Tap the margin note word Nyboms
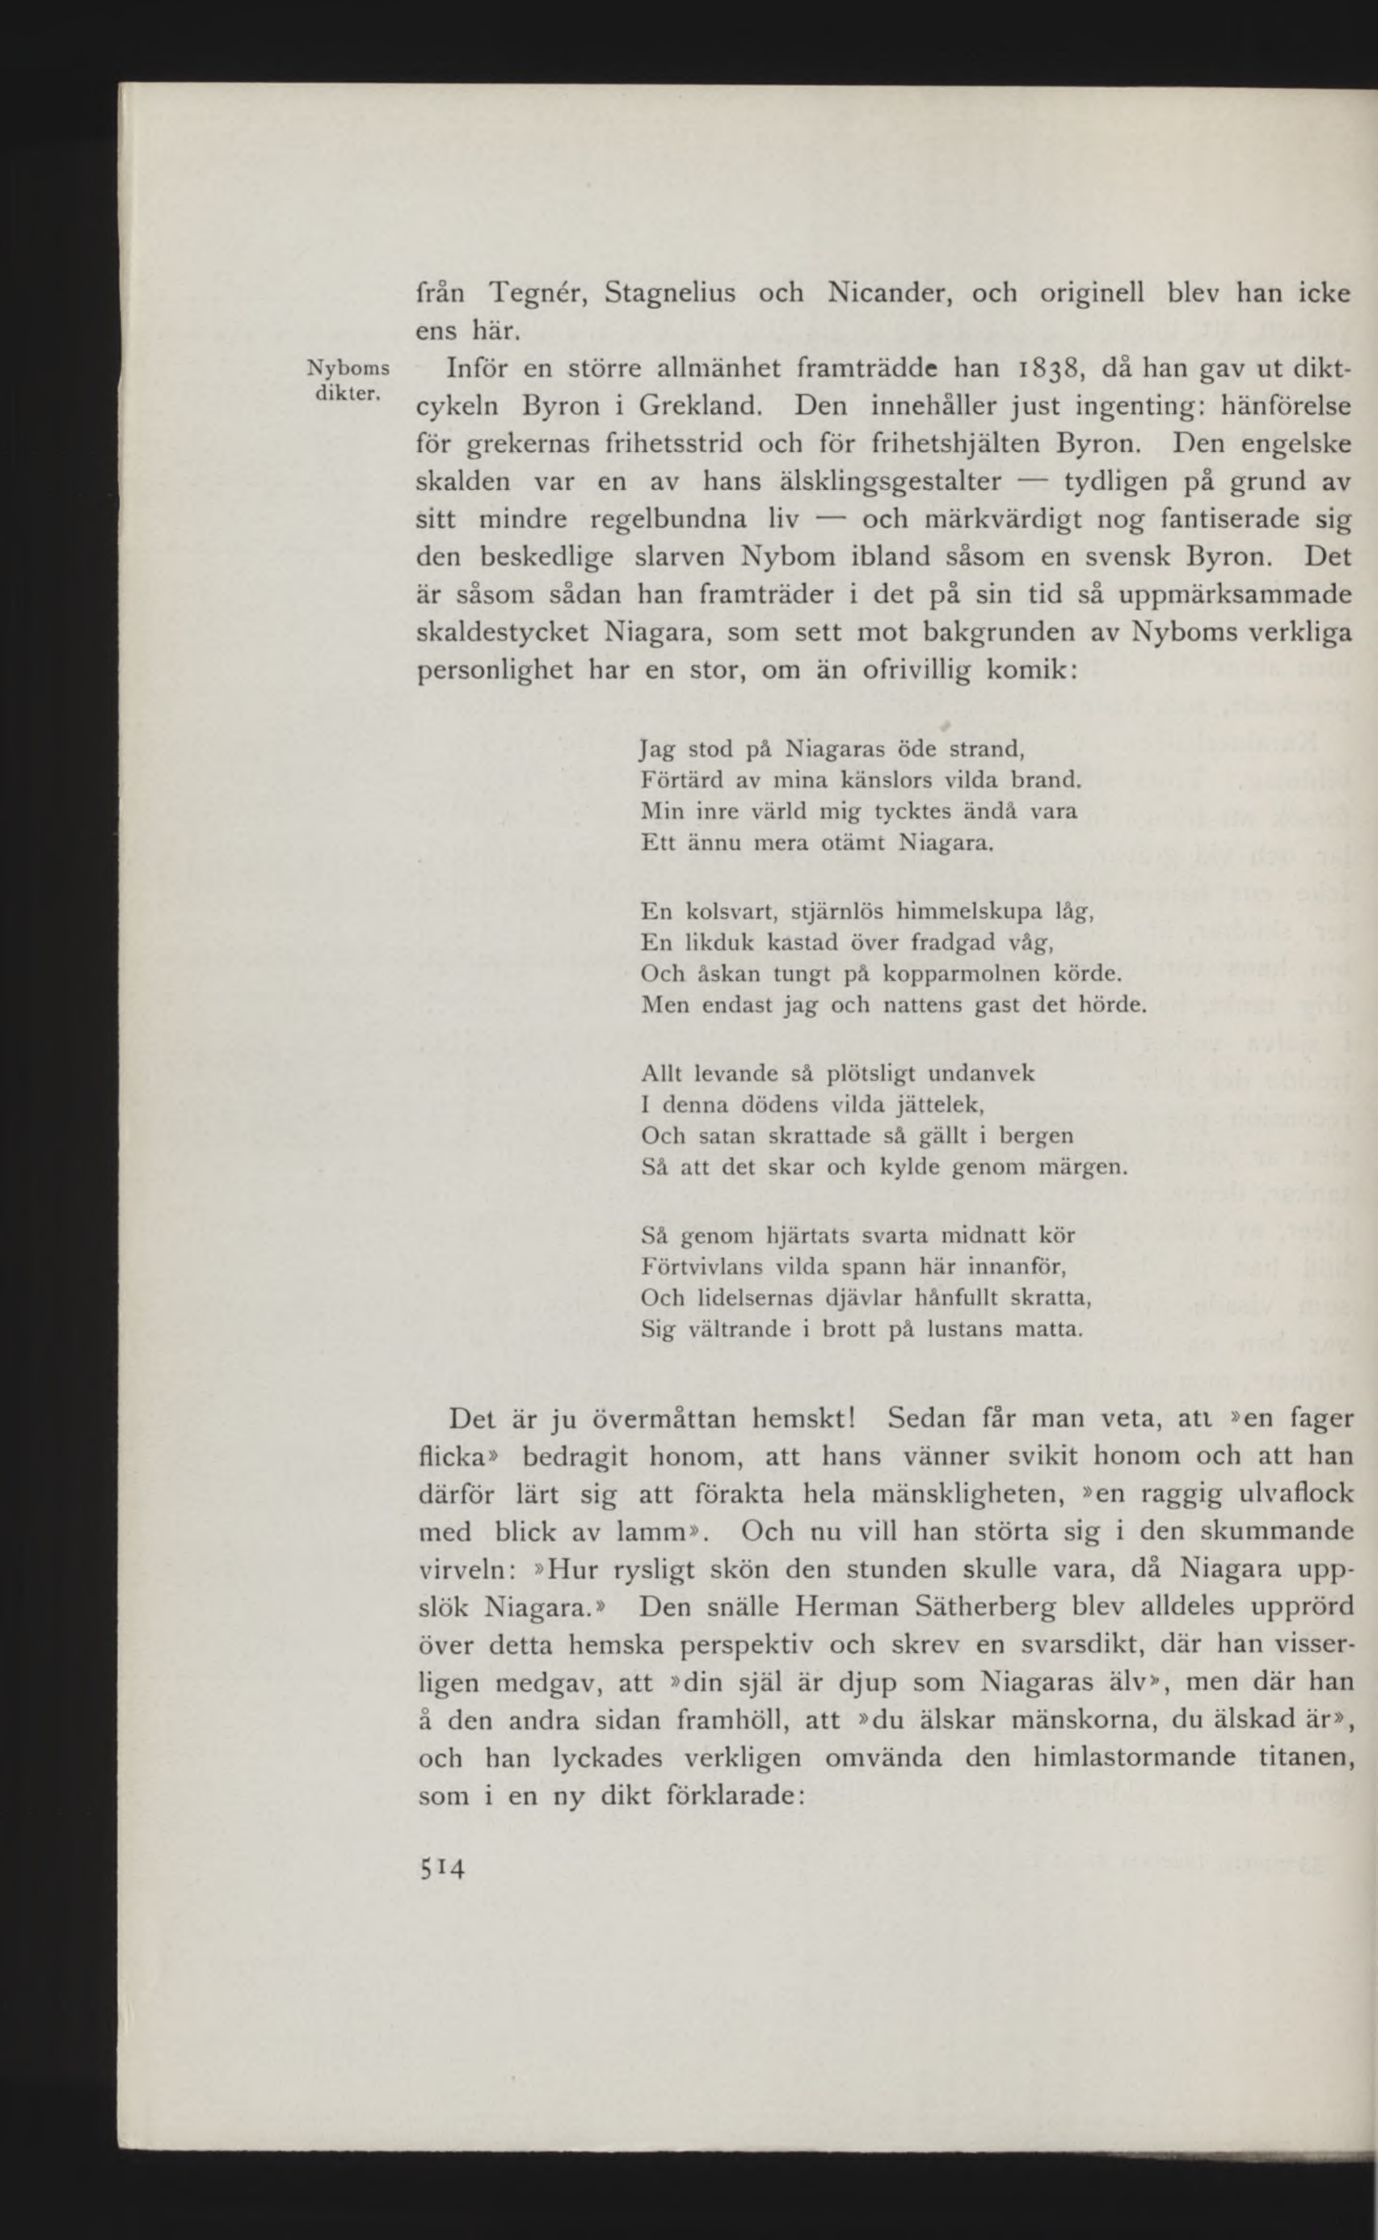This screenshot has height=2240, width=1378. coord(349,369)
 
